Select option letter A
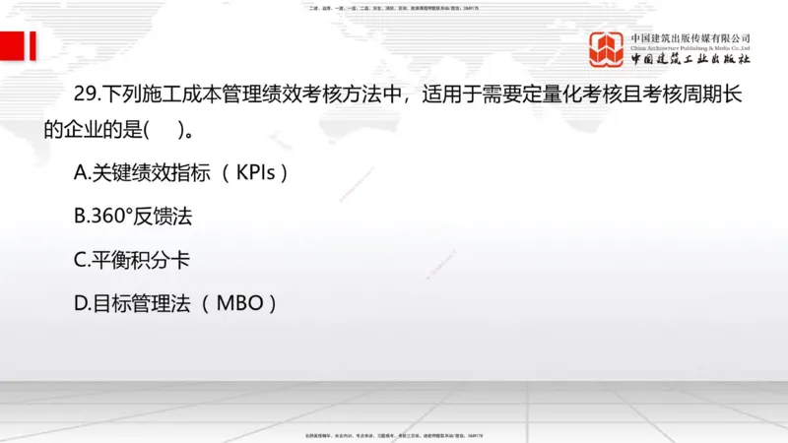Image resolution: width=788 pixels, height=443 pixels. [x=82, y=173]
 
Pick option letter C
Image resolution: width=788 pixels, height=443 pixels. [x=82, y=260]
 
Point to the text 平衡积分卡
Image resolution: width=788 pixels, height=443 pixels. [x=142, y=260]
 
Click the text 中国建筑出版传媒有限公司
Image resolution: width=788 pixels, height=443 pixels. [x=690, y=37]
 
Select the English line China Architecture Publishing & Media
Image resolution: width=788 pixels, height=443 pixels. [x=690, y=47]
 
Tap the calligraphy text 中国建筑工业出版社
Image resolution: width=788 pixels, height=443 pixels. [x=690, y=60]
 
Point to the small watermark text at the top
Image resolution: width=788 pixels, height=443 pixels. [x=394, y=8]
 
